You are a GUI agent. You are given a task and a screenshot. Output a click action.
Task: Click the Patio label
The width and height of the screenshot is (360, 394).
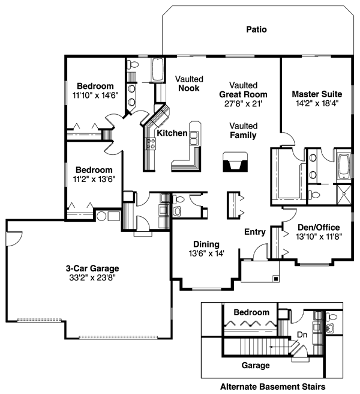[x=256, y=29]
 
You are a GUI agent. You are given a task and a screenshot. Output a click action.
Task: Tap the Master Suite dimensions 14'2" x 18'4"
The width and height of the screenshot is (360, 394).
[x=317, y=104]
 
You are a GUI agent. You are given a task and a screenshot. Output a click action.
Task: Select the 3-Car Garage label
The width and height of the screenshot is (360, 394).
[x=92, y=268]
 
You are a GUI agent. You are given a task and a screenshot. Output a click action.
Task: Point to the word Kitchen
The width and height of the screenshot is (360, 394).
[x=172, y=133]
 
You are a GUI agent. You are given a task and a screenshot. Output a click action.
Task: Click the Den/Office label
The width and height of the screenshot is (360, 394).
[x=319, y=227]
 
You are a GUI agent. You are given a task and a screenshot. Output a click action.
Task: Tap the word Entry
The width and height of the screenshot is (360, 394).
[x=255, y=232]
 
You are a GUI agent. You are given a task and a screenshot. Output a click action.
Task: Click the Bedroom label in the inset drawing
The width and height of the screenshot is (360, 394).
[x=251, y=313]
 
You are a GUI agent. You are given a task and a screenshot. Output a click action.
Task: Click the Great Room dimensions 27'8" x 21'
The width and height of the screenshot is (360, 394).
[x=243, y=103]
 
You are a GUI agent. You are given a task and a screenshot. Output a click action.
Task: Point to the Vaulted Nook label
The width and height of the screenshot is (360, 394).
[x=189, y=83]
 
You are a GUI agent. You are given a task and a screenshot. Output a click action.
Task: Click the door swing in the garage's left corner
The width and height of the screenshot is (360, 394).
[x=13, y=238]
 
